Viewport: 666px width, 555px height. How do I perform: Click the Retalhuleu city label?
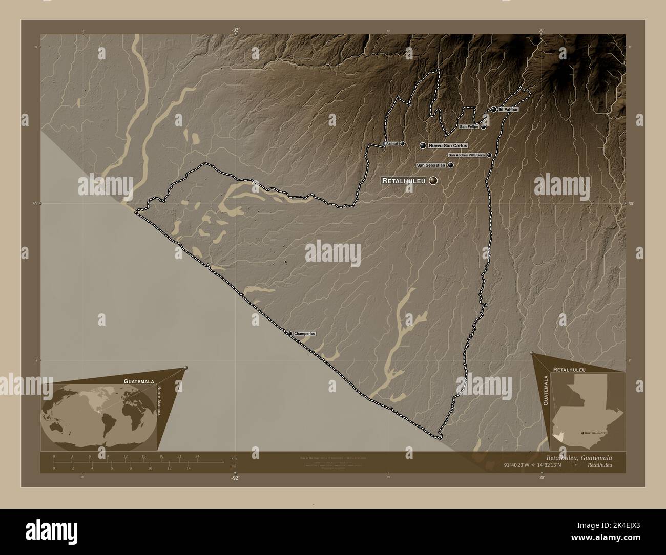click(404, 181)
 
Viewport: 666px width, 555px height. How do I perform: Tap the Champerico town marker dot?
click(289, 334)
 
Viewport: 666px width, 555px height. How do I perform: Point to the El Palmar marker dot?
click(493, 109)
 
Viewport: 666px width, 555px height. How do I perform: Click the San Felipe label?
click(469, 126)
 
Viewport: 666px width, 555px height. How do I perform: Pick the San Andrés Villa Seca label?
click(467, 155)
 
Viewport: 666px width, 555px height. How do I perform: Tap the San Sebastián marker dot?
click(450, 165)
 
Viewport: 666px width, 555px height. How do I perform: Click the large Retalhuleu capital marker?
click(434, 180)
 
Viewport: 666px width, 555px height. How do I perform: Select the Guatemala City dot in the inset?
click(582, 433)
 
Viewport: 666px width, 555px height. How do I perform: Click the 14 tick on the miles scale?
click(189, 468)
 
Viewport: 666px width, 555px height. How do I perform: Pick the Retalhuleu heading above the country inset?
click(569, 369)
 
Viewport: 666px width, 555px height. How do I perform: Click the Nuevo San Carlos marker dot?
click(423, 146)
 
